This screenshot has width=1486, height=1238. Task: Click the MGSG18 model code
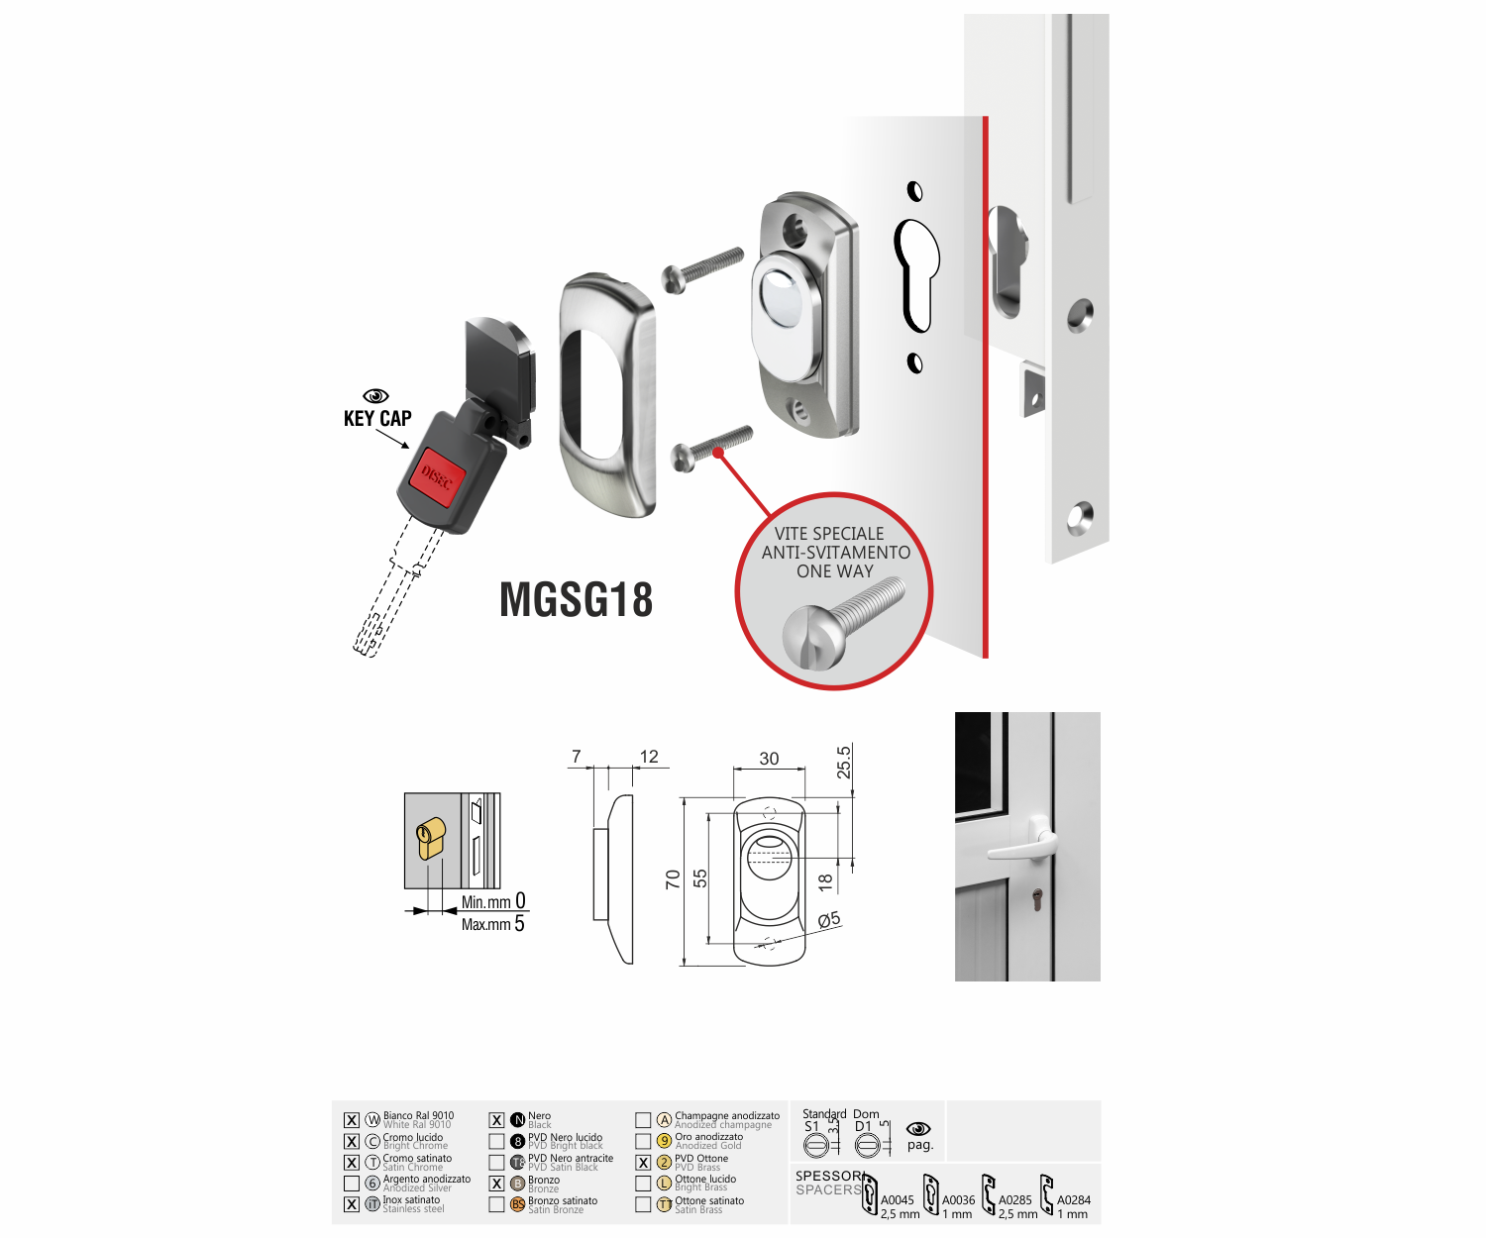click(x=576, y=600)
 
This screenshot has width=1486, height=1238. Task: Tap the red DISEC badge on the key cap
click(x=437, y=476)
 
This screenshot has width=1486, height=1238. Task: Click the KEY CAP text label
click(x=377, y=419)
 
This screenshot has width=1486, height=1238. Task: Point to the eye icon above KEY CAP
click(x=376, y=396)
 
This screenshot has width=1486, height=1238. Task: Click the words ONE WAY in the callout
click(x=834, y=571)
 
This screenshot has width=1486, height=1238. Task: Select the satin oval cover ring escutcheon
click(x=607, y=394)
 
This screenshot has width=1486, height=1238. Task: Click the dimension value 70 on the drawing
click(x=673, y=879)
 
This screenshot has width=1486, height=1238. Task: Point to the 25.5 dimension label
click(x=844, y=763)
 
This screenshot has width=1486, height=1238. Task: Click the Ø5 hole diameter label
click(x=829, y=920)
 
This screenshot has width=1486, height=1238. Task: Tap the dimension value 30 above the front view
click(x=769, y=759)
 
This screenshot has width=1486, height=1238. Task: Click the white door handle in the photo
click(x=1022, y=843)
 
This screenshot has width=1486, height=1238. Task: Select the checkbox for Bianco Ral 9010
click(x=352, y=1120)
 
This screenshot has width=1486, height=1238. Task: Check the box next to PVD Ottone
click(x=643, y=1163)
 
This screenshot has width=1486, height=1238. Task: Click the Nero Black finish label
click(x=540, y=1120)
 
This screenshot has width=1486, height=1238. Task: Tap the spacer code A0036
click(x=958, y=1200)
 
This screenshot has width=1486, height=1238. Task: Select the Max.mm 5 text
click(x=492, y=924)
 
